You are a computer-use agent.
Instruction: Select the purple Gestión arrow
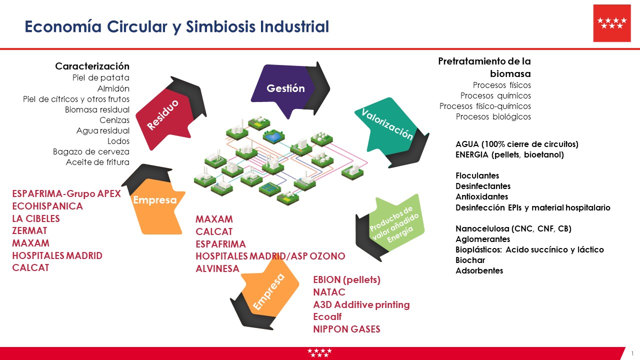(x=285, y=88)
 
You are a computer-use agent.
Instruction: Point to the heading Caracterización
(x=92, y=66)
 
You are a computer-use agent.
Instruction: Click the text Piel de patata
(x=100, y=77)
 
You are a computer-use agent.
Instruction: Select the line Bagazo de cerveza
(x=91, y=151)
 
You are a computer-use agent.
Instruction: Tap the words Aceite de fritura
(x=97, y=162)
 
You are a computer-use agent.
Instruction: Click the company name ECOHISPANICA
(x=47, y=206)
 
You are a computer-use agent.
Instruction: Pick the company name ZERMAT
(x=30, y=230)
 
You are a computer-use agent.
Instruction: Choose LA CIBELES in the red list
(x=36, y=218)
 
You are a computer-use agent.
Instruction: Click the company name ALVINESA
(x=217, y=268)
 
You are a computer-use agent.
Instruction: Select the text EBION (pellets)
(x=346, y=280)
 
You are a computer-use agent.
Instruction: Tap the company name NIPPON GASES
(x=346, y=329)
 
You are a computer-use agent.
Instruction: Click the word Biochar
(x=470, y=260)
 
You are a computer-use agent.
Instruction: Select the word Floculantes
(x=477, y=175)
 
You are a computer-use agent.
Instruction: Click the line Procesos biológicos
(x=493, y=116)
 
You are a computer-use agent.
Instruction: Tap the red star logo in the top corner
(x=611, y=23)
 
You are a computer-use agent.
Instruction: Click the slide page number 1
(x=632, y=353)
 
